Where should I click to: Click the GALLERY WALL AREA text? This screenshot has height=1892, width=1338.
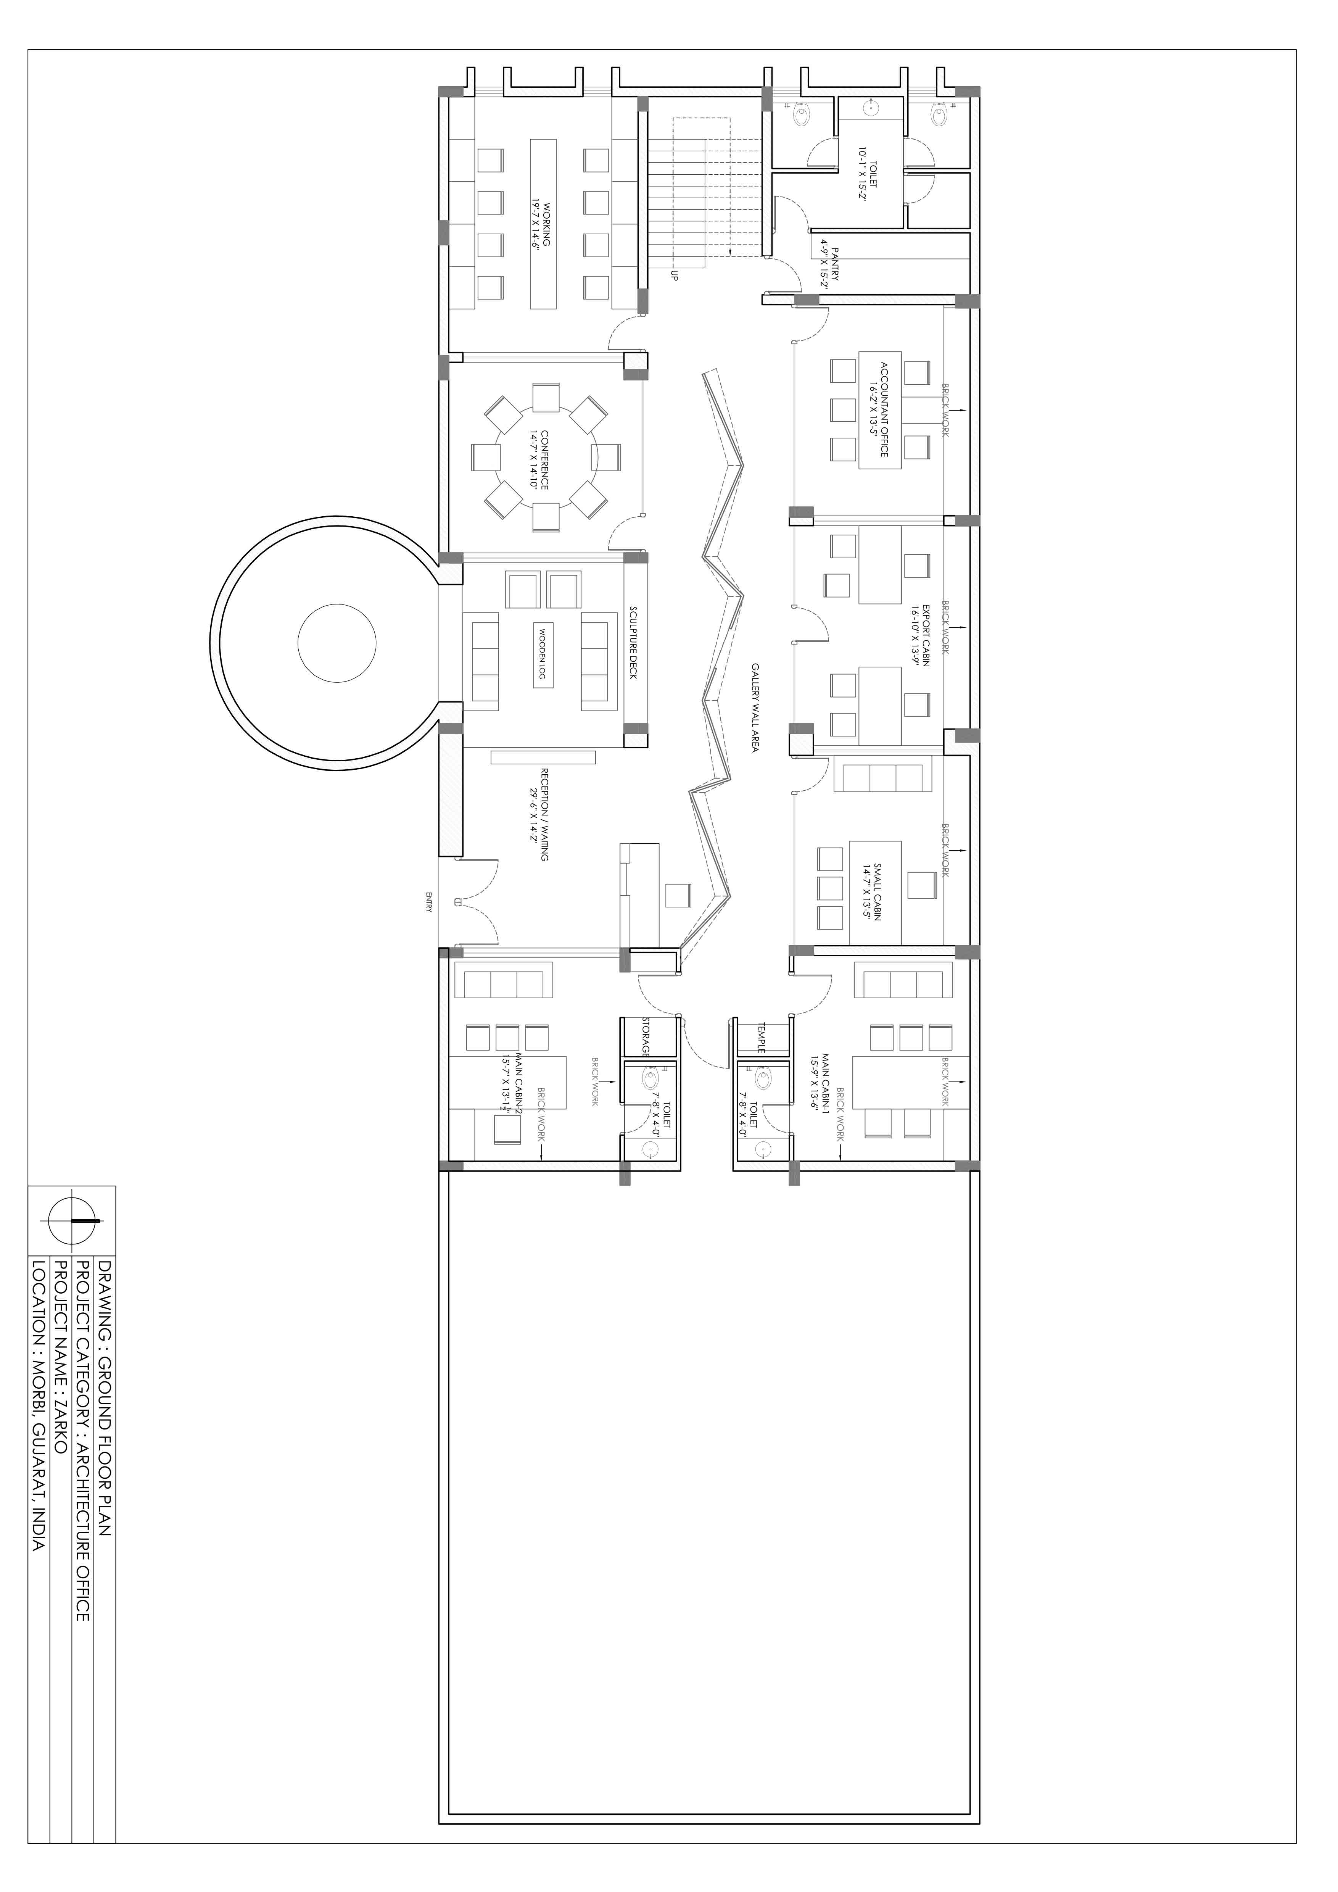[x=754, y=706]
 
